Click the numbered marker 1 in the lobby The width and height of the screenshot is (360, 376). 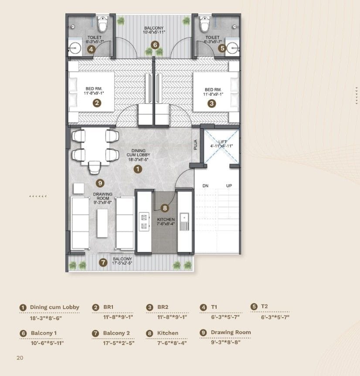pyautogui.click(x=137, y=168)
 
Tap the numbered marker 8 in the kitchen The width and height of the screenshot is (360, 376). pyautogui.click(x=164, y=208)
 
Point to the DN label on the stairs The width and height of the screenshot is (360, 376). pyautogui.click(x=206, y=186)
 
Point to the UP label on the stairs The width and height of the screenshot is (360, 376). pyautogui.click(x=229, y=186)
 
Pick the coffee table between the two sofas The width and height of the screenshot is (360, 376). pyautogui.click(x=102, y=223)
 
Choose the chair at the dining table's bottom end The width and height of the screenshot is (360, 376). pyautogui.click(x=95, y=167)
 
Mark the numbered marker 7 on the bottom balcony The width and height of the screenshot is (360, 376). pyautogui.click(x=103, y=262)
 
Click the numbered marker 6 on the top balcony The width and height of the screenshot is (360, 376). pyautogui.click(x=154, y=44)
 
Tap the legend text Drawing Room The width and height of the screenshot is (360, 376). pyautogui.click(x=231, y=332)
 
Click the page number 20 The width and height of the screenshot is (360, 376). pyautogui.click(x=20, y=358)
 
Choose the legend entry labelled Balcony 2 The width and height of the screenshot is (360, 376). pyautogui.click(x=116, y=333)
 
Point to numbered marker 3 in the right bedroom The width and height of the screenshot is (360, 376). pyautogui.click(x=211, y=103)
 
